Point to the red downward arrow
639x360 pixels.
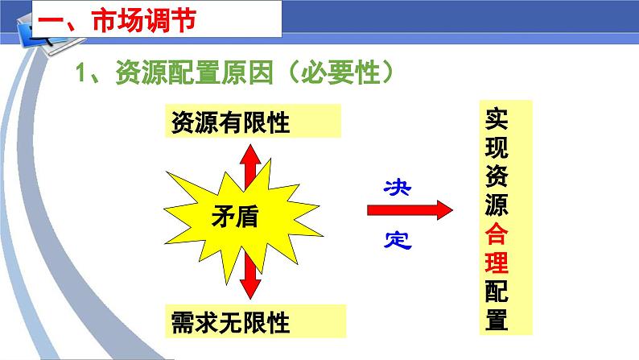pos(249,277)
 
